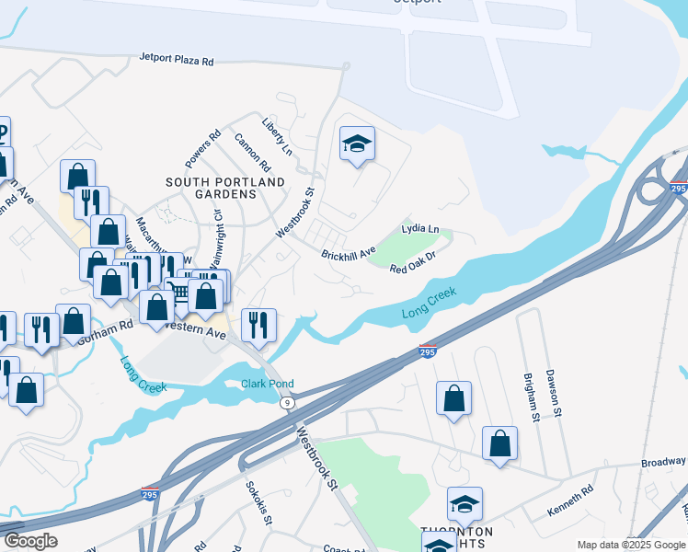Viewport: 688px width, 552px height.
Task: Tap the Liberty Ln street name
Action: tap(276, 136)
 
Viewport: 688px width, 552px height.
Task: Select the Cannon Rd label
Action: tap(253, 154)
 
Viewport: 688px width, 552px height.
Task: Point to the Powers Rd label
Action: tap(202, 149)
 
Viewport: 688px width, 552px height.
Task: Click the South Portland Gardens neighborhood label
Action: tap(225, 189)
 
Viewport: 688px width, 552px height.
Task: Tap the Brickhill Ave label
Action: tap(349, 252)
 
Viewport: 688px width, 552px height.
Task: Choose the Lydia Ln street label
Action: tap(420, 228)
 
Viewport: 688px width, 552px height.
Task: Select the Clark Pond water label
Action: tap(267, 384)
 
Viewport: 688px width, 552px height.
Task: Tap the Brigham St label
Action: tap(531, 397)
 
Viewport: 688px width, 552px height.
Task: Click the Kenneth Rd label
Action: tap(570, 502)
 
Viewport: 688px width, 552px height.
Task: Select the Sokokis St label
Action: tap(258, 502)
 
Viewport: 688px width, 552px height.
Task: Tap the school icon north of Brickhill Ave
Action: tap(357, 144)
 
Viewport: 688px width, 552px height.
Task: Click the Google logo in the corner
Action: tap(30, 541)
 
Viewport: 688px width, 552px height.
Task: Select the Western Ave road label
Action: tap(196, 328)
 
